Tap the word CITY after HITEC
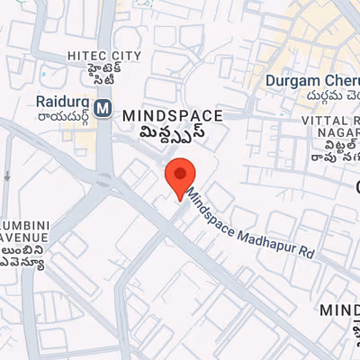[x=127, y=56]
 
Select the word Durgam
[x=292, y=81]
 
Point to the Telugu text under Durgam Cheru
[x=315, y=97]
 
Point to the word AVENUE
[x=22, y=232]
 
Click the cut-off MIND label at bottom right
[x=340, y=310]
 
